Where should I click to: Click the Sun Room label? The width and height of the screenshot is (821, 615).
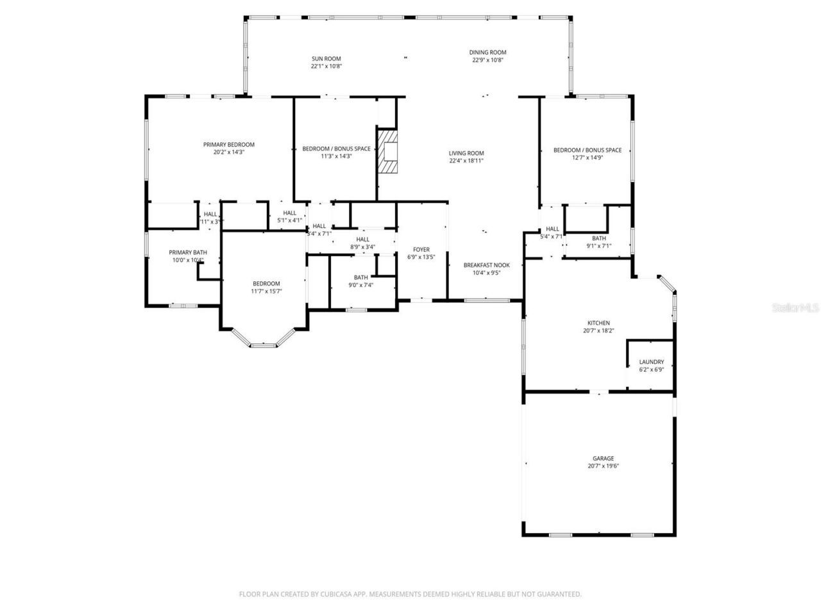coord(326,58)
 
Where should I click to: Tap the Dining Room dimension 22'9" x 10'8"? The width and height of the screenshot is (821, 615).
coord(487,60)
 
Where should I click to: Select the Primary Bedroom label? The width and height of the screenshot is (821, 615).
coord(229,145)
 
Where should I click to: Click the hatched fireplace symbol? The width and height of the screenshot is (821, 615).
coord(387,151)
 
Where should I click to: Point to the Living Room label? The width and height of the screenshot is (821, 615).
coord(466,153)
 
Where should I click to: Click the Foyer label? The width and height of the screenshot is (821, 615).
coord(421,249)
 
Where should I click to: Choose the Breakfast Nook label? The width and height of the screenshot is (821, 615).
coord(487,265)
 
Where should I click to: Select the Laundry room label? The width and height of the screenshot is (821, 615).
coord(651,362)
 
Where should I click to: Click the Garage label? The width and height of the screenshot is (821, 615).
coord(603,458)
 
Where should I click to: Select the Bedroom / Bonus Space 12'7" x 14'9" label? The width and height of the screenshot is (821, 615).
coord(587,150)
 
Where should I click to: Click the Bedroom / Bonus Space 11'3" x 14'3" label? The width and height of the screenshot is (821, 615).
coord(336,149)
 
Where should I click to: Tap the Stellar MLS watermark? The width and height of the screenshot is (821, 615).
coord(795,308)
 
